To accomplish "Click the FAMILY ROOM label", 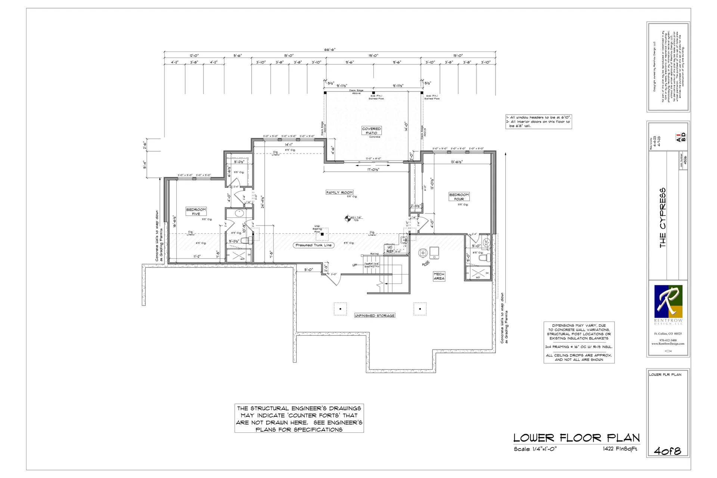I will pos(339,193).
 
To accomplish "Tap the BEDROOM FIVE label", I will pos(196,212).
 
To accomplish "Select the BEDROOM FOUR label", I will pos(459,197).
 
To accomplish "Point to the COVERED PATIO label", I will pos(371,131).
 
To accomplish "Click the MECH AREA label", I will pos(439,276).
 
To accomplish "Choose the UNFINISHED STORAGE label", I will pos(375,316).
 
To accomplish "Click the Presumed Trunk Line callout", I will pos(314,245).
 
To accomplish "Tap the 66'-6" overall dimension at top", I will pos(330,50).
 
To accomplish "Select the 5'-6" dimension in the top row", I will pos(238,56).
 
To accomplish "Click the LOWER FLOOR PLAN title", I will pos(576,438).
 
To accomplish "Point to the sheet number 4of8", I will pos(667,451).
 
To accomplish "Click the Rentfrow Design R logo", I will pos(668,301).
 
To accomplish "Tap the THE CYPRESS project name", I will pos(663,218).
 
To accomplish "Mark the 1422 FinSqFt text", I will pos(620,449).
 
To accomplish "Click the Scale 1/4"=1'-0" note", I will pos(535,449).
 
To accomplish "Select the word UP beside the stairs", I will pos(355,265).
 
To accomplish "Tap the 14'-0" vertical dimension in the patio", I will pos(406,127).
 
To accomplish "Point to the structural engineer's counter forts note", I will pos(299,419).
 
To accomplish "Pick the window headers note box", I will pos(538,122).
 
